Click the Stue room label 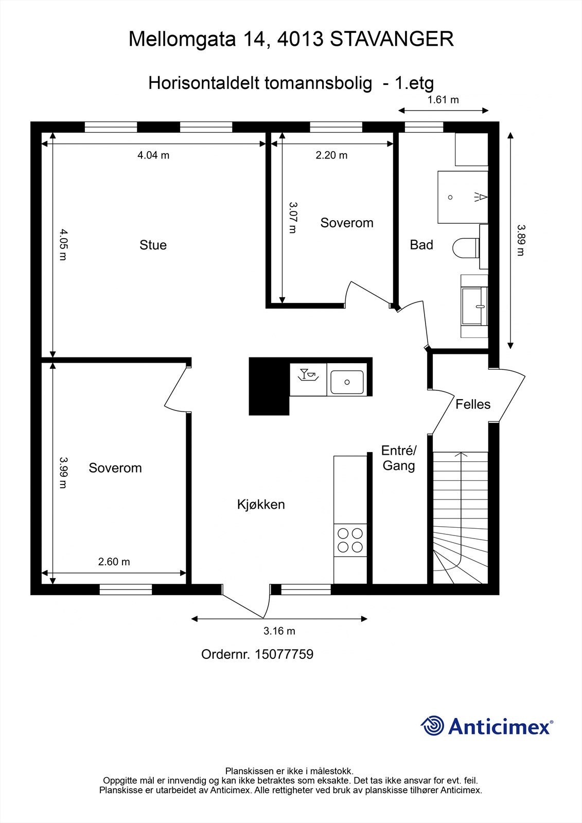153,245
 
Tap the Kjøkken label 261,504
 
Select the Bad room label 421,245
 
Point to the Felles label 473,404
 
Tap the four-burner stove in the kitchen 350,540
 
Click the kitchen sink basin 347,382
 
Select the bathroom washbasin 474,306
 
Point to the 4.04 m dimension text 153,155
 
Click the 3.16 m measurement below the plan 279,631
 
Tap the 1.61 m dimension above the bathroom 443,100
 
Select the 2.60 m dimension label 114,561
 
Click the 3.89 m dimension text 521,240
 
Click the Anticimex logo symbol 432,725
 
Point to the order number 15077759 284,654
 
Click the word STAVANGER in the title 392,39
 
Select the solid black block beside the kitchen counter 269,386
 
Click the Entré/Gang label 399,458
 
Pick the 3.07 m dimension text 293,218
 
